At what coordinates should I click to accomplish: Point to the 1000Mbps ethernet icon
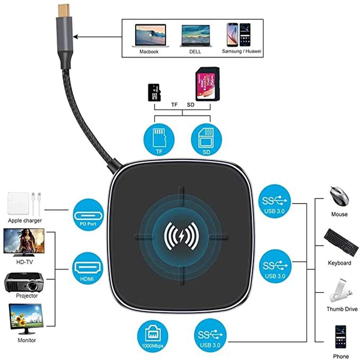tap(153, 335)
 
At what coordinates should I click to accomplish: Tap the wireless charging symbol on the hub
tap(181, 237)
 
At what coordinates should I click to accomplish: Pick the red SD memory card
tap(207, 85)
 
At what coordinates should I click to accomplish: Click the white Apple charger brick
tap(18, 203)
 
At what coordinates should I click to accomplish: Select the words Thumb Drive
tap(342, 309)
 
